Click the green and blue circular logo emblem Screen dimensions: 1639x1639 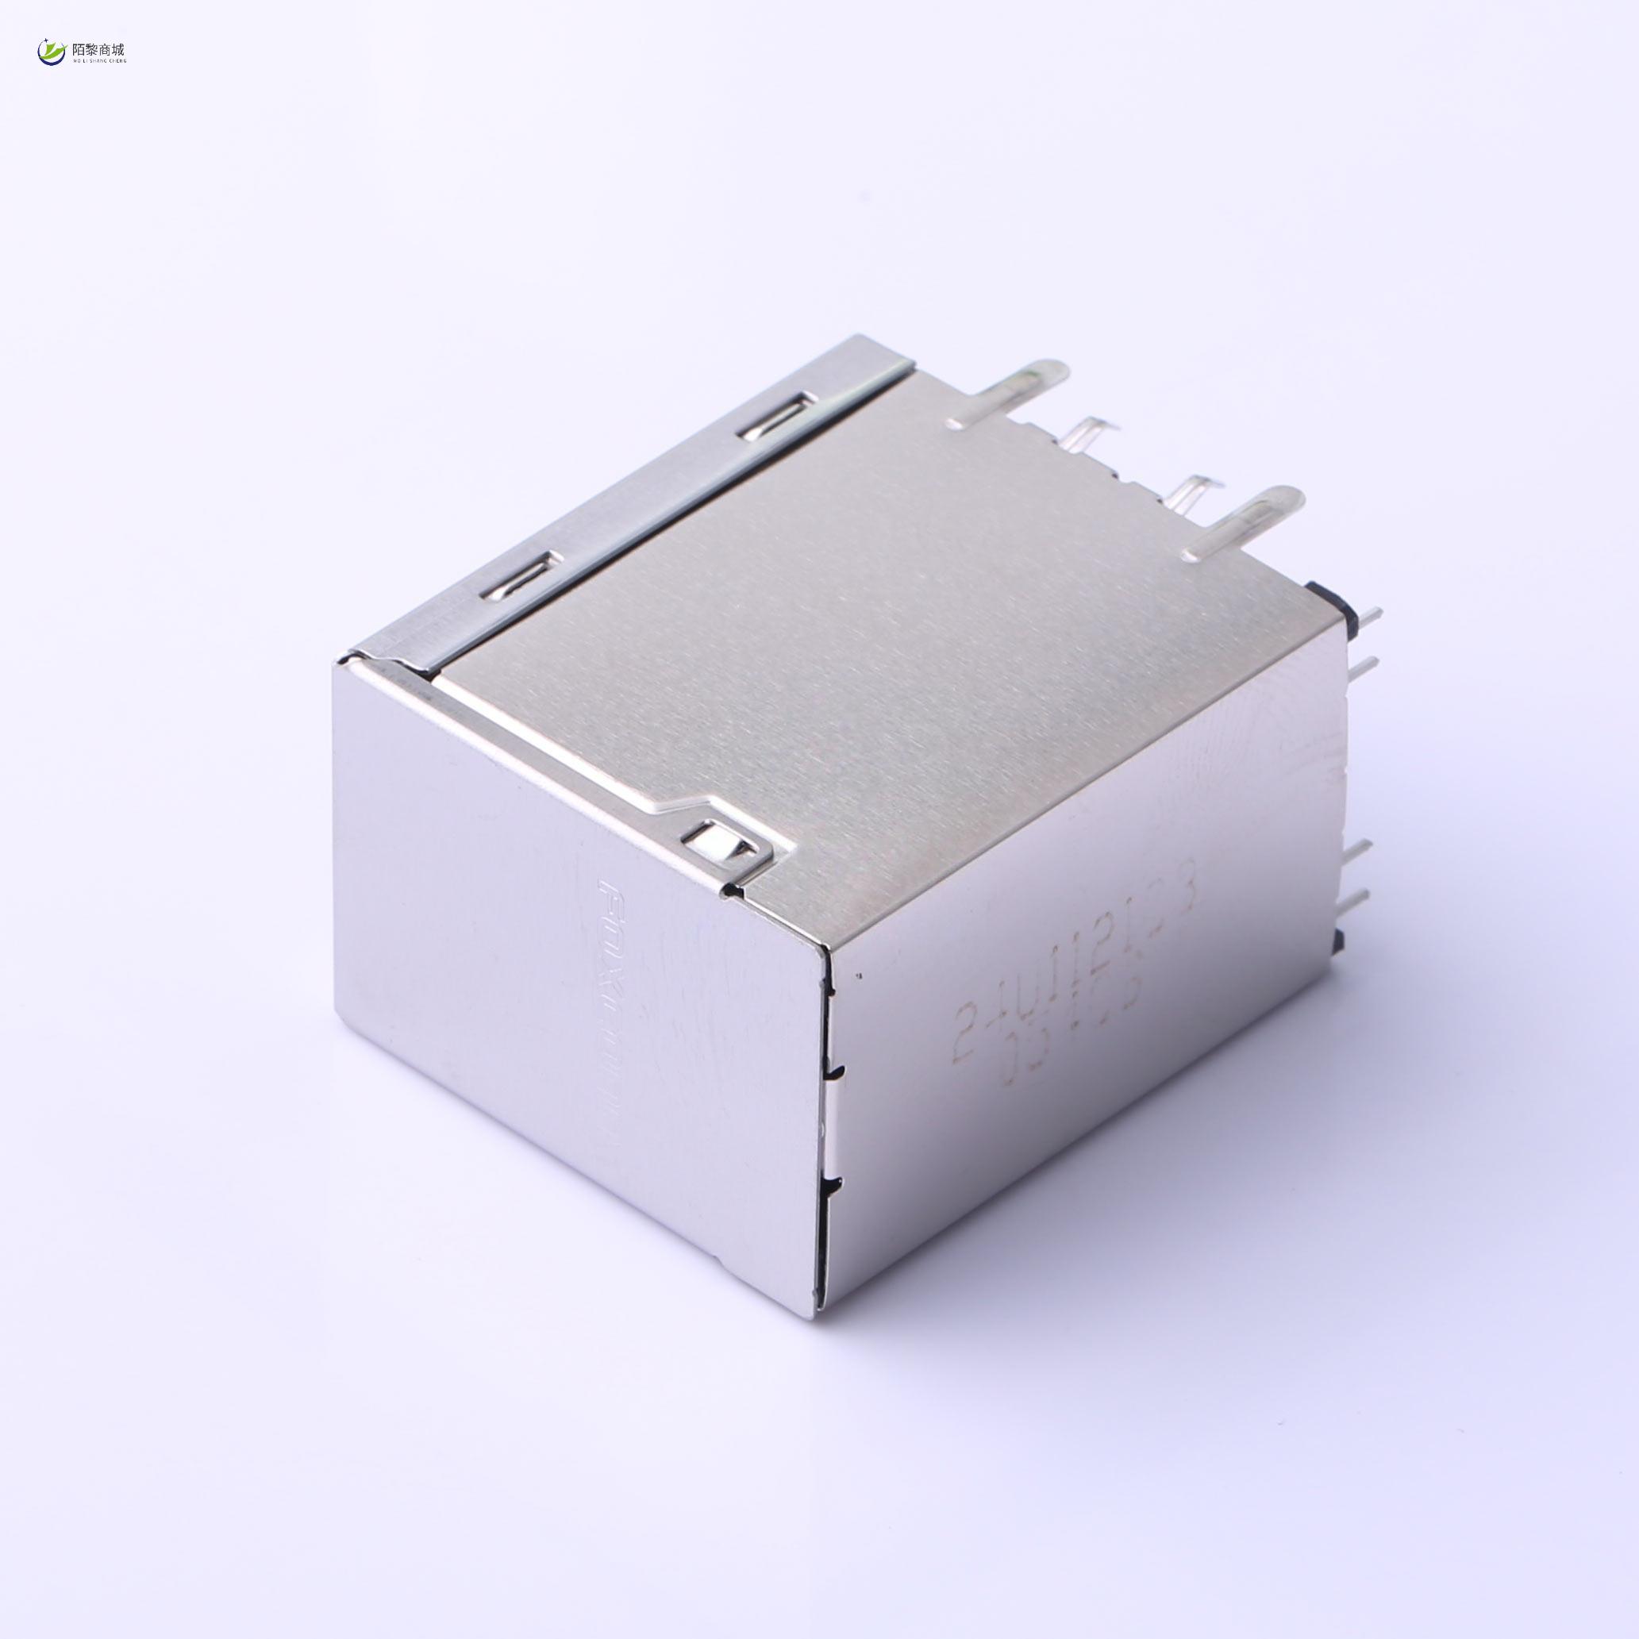click(51, 52)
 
